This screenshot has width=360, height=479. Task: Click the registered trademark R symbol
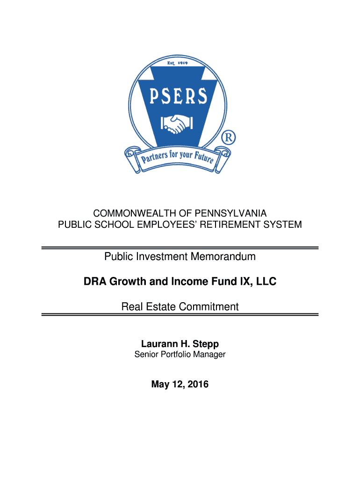[229, 138]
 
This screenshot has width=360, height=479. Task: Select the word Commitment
[209, 307]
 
